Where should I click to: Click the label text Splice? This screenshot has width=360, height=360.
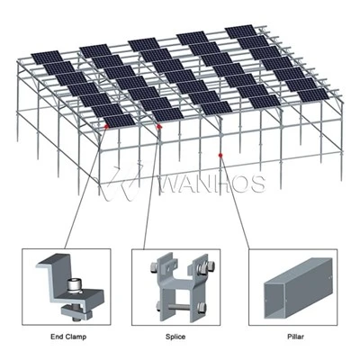(175, 337)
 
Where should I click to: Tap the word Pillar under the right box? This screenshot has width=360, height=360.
(295, 337)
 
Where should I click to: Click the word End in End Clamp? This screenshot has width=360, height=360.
(56, 337)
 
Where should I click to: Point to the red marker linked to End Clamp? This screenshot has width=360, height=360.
(106, 127)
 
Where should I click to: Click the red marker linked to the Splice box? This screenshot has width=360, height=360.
(159, 127)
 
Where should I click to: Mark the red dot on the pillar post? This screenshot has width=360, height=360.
(220, 155)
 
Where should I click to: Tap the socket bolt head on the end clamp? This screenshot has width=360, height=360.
(72, 284)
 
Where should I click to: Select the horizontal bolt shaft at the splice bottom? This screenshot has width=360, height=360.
(181, 307)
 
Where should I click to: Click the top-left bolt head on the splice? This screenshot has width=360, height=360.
(153, 266)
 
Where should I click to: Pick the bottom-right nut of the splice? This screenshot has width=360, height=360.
(202, 307)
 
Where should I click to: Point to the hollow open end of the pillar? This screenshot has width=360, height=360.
(274, 299)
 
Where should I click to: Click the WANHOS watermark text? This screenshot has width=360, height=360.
(213, 183)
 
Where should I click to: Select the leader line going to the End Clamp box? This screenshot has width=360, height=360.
(85, 188)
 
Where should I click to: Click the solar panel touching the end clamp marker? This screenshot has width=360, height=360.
(120, 121)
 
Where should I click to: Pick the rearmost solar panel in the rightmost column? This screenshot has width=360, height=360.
(241, 31)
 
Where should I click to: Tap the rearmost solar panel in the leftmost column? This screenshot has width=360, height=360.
(47, 58)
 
